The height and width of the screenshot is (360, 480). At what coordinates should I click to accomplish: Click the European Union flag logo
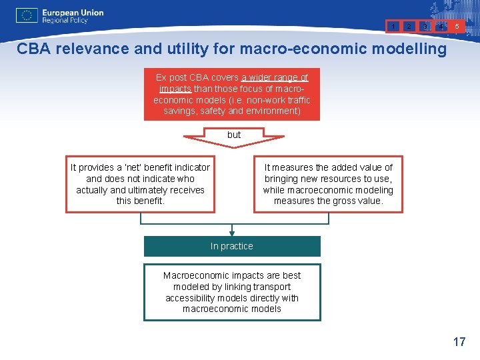[27, 16]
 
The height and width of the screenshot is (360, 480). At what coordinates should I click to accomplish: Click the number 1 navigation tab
[395, 27]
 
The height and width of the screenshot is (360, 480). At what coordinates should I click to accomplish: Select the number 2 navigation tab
[410, 27]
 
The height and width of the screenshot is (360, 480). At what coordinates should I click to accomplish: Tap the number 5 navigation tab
[457, 27]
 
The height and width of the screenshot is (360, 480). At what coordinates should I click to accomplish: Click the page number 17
[459, 342]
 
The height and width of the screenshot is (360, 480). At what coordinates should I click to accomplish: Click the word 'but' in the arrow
[233, 135]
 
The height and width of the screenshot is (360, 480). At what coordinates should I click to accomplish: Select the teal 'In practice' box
[232, 246]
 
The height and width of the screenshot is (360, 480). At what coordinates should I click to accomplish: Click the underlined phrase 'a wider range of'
[275, 77]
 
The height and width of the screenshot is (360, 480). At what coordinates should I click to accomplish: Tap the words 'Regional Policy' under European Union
[65, 21]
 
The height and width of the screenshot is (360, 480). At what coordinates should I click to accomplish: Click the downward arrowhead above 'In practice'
[232, 233]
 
